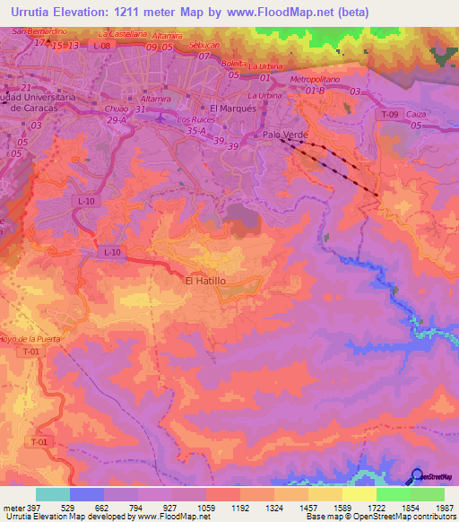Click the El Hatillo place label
click(204, 281)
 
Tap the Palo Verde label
click(285, 134)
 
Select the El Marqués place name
click(232, 107)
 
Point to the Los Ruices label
click(196, 118)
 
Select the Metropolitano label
click(315, 79)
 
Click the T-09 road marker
click(387, 115)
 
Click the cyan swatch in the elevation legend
click(52, 494)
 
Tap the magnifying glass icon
click(416, 476)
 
